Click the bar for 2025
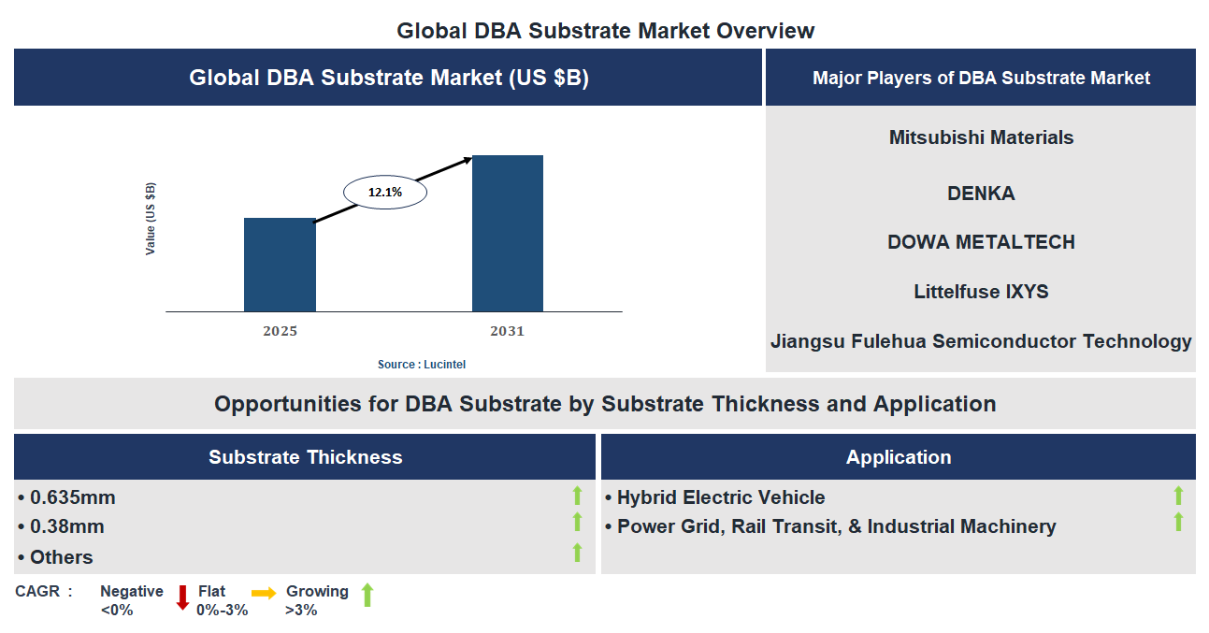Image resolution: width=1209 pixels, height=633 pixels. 280,265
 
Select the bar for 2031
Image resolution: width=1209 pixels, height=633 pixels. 507,234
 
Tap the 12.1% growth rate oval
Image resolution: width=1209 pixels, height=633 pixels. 385,193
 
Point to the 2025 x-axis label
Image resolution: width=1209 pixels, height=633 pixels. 280,331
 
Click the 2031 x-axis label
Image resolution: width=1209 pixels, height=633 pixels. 507,331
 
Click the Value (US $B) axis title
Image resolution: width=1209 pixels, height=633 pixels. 151,219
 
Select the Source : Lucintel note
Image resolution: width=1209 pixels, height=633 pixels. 421,364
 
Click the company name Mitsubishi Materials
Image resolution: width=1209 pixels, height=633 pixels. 981,137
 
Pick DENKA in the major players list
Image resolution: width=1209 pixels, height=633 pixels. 981,194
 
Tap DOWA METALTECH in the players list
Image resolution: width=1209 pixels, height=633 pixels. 981,242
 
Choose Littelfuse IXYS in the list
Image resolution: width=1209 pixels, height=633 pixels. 981,292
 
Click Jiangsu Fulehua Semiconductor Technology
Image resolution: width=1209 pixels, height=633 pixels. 981,341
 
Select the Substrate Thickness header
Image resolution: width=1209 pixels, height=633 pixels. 305,457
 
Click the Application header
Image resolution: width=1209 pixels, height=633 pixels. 898,457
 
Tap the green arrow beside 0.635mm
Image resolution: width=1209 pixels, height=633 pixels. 577,496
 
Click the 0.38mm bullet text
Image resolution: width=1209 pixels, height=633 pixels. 66,526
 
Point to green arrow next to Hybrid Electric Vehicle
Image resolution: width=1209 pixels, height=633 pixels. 1178,496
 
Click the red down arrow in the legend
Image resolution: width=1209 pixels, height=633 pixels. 182,597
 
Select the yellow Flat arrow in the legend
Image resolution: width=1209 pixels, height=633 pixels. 264,593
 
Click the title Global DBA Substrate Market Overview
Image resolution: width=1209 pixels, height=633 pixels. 605,30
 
